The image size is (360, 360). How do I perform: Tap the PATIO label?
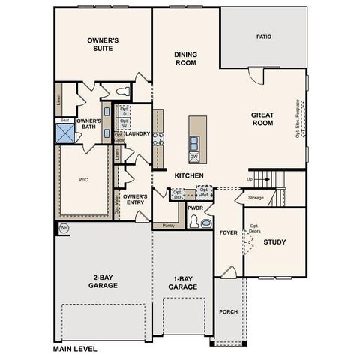(x=263, y=36)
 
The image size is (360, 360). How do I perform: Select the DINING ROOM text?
(x=185, y=59)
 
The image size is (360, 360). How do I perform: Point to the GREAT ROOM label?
(x=265, y=120)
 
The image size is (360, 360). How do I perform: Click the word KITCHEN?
(x=189, y=175)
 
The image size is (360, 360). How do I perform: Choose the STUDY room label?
(x=274, y=241)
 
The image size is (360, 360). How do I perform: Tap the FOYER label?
(x=228, y=233)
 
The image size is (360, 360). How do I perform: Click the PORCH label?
(x=228, y=311)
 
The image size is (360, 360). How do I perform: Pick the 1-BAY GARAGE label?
(x=182, y=283)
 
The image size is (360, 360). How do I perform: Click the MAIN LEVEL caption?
(x=75, y=349)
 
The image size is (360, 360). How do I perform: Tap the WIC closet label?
(x=83, y=180)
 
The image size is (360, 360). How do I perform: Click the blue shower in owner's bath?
(x=65, y=133)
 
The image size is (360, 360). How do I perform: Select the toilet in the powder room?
(x=196, y=222)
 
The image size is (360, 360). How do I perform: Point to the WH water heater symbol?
(x=63, y=227)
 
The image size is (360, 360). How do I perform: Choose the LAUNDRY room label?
(x=138, y=135)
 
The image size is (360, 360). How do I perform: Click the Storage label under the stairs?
(x=256, y=198)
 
